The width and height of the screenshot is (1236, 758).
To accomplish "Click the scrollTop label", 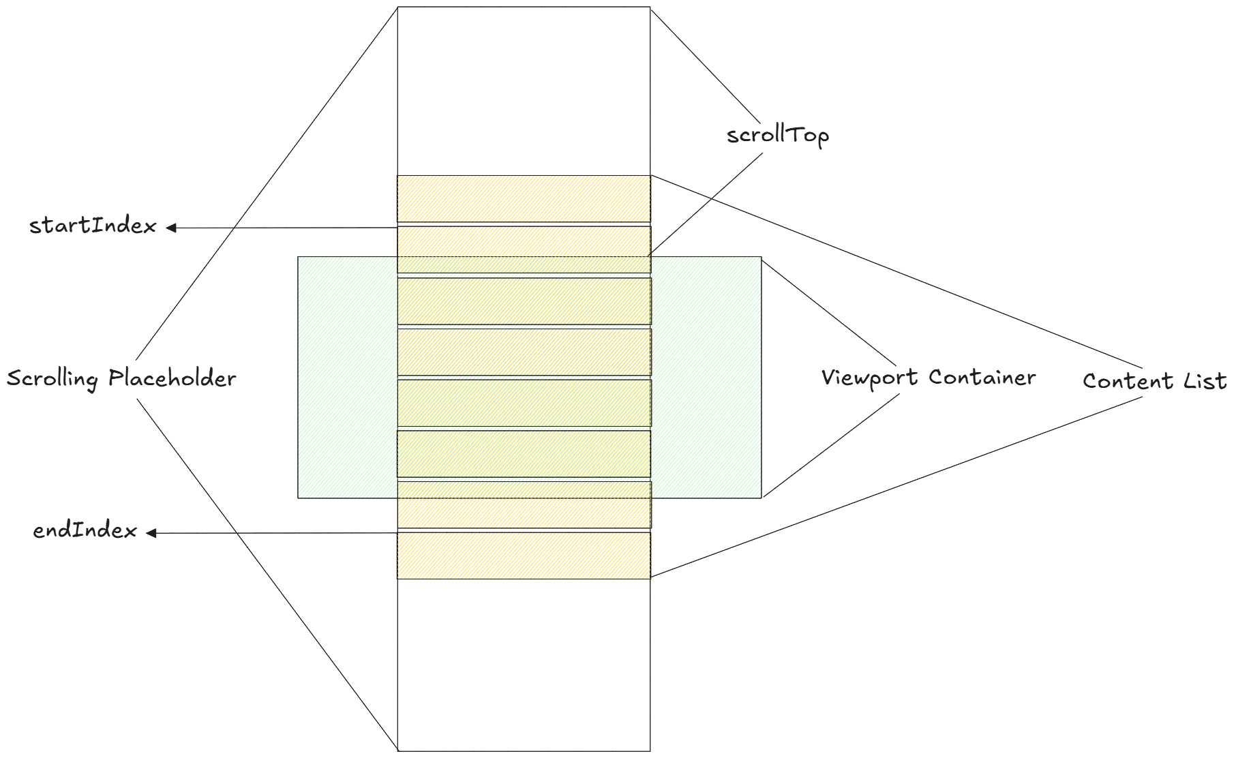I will (x=777, y=135).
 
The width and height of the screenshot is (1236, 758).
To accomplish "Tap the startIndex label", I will (x=93, y=226).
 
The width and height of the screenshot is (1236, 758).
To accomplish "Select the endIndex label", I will (x=85, y=530).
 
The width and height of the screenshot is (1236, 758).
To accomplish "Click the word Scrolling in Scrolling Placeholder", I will (x=52, y=378).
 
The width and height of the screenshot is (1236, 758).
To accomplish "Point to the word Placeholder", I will (x=172, y=378).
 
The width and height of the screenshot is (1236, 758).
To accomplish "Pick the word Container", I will (x=982, y=377).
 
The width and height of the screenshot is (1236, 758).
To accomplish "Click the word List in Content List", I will (x=1205, y=380).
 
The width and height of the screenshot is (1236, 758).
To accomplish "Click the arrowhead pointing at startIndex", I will (x=171, y=228).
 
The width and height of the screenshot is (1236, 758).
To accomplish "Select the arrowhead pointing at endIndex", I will (x=151, y=533).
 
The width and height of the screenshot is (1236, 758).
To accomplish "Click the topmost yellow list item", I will (x=524, y=198).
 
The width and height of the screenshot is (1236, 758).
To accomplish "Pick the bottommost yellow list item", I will (x=524, y=556).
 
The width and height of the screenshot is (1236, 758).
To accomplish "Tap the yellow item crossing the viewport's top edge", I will (x=524, y=249).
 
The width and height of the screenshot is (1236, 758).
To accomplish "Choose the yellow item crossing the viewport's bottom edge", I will (x=524, y=504).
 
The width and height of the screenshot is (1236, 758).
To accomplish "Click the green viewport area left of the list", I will (x=347, y=377).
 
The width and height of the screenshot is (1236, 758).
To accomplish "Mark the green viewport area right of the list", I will (x=706, y=377).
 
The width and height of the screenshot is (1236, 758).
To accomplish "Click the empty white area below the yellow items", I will (x=524, y=665).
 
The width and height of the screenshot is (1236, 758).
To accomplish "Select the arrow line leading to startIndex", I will (x=286, y=228).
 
